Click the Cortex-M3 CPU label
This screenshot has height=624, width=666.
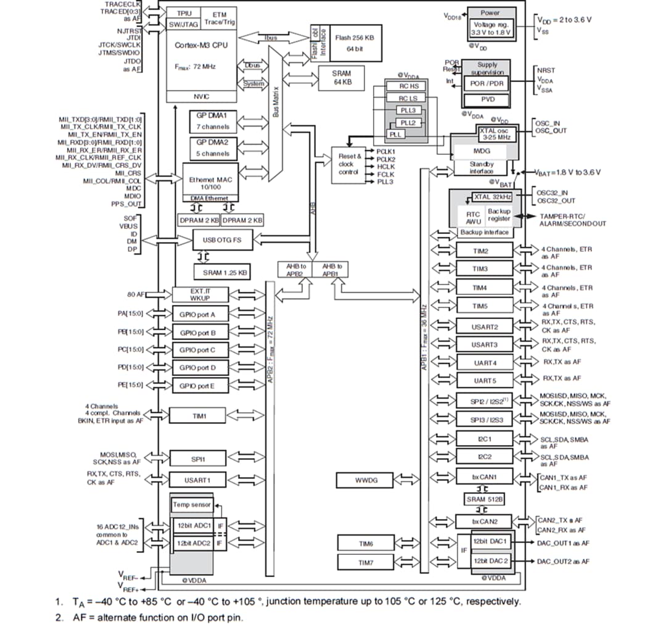pyautogui.click(x=201, y=45)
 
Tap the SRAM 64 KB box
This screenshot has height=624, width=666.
pyautogui.click(x=341, y=78)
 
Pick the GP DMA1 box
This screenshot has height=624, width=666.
pyautogui.click(x=212, y=120)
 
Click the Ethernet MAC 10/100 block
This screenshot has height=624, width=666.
pyautogui.click(x=210, y=182)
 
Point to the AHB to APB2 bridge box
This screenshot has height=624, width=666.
pyautogui.click(x=295, y=270)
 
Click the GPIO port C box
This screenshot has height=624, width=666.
pyautogui.click(x=197, y=350)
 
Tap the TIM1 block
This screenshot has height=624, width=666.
pyautogui.click(x=199, y=417)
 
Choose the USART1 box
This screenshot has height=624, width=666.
pyautogui.click(x=197, y=480)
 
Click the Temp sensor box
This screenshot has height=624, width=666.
pyautogui.click(x=191, y=505)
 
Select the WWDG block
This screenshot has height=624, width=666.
pyautogui.click(x=365, y=480)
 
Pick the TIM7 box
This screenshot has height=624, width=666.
pyautogui.click(x=365, y=562)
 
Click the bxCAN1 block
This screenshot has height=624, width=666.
pyautogui.click(x=484, y=477)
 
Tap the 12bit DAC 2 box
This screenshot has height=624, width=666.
pyautogui.click(x=490, y=561)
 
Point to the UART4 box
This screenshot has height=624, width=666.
pyautogui.click(x=484, y=362)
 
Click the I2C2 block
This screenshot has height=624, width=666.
pyautogui.click(x=484, y=457)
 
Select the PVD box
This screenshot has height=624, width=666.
pyautogui.click(x=487, y=99)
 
